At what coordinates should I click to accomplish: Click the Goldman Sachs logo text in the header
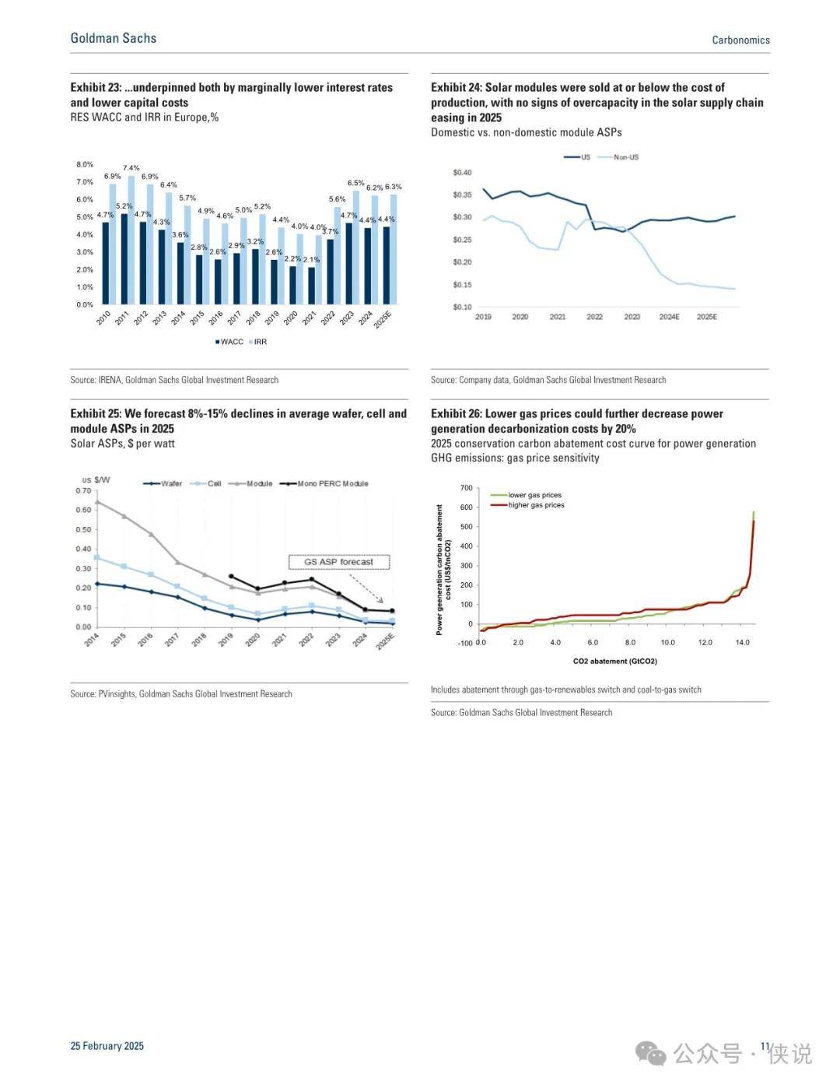click(x=113, y=38)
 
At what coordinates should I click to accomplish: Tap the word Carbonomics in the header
click(x=740, y=40)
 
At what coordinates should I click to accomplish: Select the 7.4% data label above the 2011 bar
click(x=131, y=168)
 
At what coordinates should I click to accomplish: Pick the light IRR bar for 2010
click(x=113, y=244)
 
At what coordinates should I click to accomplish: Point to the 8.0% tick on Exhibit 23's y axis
click(x=85, y=165)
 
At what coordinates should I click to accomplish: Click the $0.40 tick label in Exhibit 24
click(x=462, y=173)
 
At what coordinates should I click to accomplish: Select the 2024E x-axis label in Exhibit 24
click(x=669, y=317)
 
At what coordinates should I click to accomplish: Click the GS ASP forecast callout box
click(x=338, y=562)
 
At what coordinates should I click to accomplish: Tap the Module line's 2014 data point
click(x=97, y=502)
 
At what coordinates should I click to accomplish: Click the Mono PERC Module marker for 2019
click(x=231, y=576)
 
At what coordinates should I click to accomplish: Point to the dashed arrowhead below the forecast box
click(x=381, y=601)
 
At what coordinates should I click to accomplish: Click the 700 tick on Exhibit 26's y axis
click(x=466, y=488)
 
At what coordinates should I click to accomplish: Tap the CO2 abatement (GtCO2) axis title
click(x=615, y=662)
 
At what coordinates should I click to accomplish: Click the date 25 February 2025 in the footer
click(x=107, y=1045)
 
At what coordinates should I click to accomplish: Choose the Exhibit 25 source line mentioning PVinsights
click(x=181, y=694)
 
